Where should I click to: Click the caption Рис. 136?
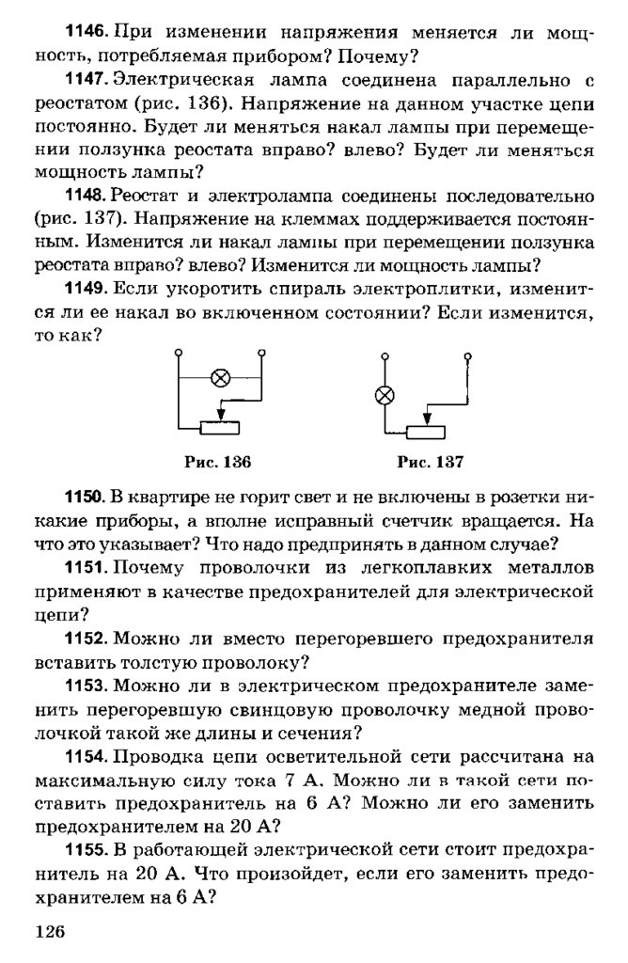coord(217,462)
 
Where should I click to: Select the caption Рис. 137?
coord(431,462)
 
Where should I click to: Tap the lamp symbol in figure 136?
coord(221,378)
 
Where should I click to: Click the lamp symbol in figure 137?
coord(384,395)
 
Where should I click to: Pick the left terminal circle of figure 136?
coord(179,352)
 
